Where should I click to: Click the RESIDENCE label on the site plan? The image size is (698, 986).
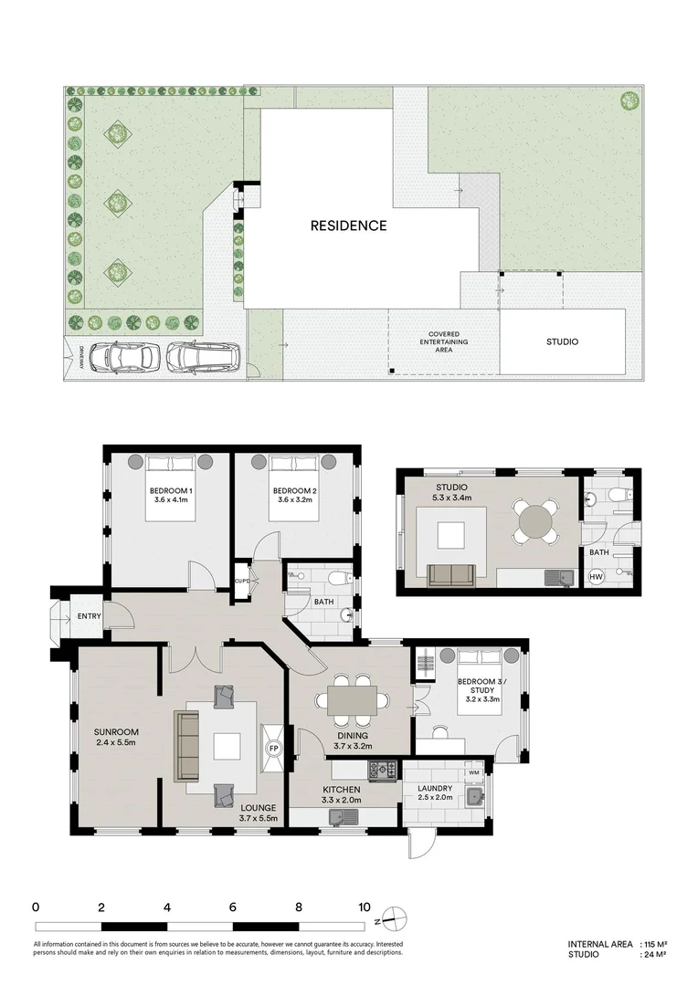(348, 226)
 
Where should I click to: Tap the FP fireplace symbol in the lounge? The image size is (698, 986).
(274, 749)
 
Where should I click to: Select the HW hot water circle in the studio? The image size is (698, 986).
(596, 576)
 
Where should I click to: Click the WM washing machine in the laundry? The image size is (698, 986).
(474, 771)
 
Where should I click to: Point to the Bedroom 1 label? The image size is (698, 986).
(171, 490)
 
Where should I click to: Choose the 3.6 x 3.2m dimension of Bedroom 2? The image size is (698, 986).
(294, 500)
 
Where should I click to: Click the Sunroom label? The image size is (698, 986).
(116, 732)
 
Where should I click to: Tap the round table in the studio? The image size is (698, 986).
(535, 520)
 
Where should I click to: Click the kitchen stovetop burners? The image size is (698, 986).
(383, 769)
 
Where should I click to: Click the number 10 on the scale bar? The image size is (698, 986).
(365, 907)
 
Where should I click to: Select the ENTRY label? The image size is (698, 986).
(89, 616)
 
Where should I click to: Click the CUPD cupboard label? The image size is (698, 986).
(242, 581)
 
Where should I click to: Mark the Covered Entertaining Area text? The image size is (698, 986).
(444, 342)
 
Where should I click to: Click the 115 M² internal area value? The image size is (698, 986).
(655, 944)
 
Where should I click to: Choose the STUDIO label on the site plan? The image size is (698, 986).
(562, 342)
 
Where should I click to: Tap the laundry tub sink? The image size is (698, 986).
(474, 795)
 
